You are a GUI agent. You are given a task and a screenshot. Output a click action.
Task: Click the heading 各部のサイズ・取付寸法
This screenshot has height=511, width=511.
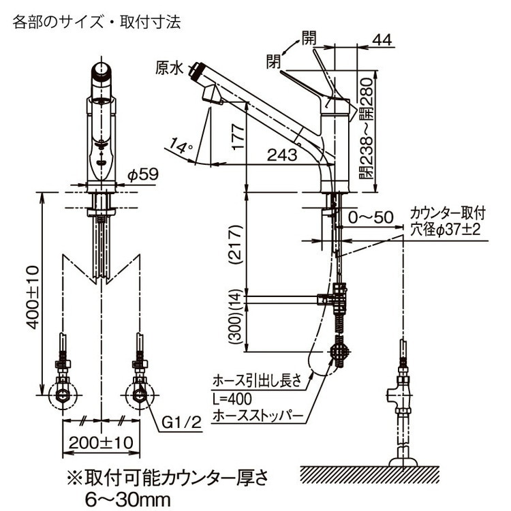click(97, 22)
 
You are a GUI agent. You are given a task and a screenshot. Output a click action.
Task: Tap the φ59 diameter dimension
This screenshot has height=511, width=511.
click(143, 174)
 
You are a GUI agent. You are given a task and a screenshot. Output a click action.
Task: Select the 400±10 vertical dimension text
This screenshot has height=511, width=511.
click(32, 297)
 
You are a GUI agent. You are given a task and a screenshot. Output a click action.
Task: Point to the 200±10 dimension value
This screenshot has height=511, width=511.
click(101, 443)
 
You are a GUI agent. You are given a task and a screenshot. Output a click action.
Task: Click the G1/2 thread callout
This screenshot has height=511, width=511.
click(181, 423)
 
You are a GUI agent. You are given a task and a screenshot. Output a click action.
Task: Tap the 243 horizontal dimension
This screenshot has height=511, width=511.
click(282, 155)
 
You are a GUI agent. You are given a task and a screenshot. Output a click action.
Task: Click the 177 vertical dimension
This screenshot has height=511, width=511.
click(238, 136)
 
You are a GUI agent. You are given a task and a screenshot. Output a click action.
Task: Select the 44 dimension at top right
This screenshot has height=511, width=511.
click(382, 40)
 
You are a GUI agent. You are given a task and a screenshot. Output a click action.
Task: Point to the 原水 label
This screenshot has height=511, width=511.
click(169, 68)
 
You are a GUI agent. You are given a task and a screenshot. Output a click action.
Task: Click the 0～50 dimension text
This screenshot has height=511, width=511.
click(371, 217)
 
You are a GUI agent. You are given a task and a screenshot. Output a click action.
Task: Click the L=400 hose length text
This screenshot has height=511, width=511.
click(232, 399)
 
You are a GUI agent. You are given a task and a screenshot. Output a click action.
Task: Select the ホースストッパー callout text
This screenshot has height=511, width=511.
click(258, 416)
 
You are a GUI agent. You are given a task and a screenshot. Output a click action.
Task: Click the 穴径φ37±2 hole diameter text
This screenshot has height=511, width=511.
click(446, 230)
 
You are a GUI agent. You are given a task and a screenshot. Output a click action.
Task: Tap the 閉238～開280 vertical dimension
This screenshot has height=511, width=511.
click(367, 128)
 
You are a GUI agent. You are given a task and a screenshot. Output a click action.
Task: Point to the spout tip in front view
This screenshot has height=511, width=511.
click(102, 71)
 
